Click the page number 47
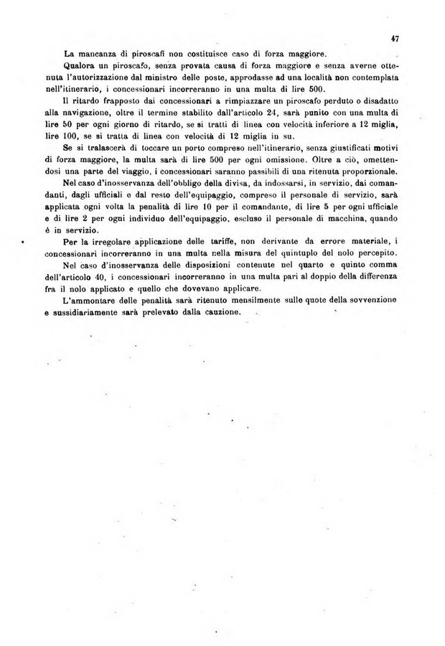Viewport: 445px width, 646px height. [395, 39]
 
